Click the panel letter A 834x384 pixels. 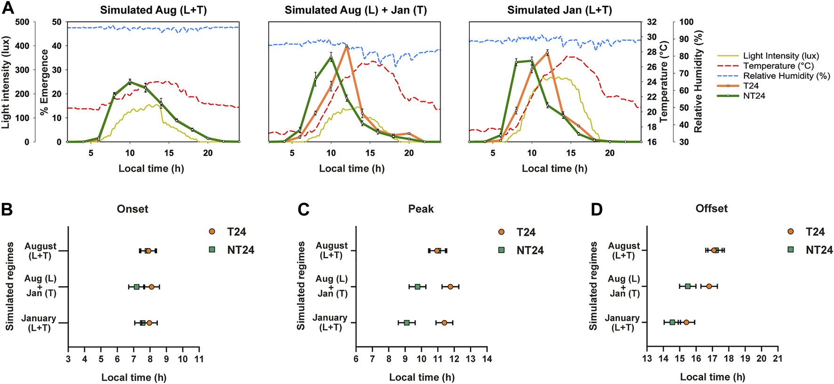pyautogui.click(x=8, y=8)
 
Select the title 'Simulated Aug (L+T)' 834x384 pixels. pyautogui.click(x=153, y=10)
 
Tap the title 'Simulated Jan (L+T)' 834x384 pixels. pyautogui.click(x=559, y=10)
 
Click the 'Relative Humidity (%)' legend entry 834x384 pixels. pyautogui.click(x=786, y=76)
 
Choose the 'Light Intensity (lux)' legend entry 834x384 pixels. pyautogui.click(x=781, y=56)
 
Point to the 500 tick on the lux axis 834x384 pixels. pyautogui.click(x=22, y=22)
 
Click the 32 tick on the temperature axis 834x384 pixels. pyautogui.click(x=652, y=22)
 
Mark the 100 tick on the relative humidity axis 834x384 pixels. pyautogui.click(x=687, y=22)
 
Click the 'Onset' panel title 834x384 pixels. pyautogui.click(x=132, y=209)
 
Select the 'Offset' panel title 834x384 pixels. pyautogui.click(x=711, y=209)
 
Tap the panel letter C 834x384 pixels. pyautogui.click(x=304, y=209)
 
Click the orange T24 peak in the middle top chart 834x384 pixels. pyautogui.click(x=346, y=46)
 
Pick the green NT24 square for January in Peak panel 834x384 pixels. pyautogui.click(x=407, y=323)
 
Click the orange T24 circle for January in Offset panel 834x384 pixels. pyautogui.click(x=686, y=322)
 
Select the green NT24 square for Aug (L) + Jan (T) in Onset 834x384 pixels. pyautogui.click(x=136, y=287)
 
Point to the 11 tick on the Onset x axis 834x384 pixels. pyautogui.click(x=199, y=359)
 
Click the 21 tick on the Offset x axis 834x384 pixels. pyautogui.click(x=778, y=359)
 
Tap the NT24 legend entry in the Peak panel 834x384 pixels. pyautogui.click(x=529, y=251)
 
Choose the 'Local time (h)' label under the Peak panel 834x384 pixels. pyautogui.click(x=422, y=377)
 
